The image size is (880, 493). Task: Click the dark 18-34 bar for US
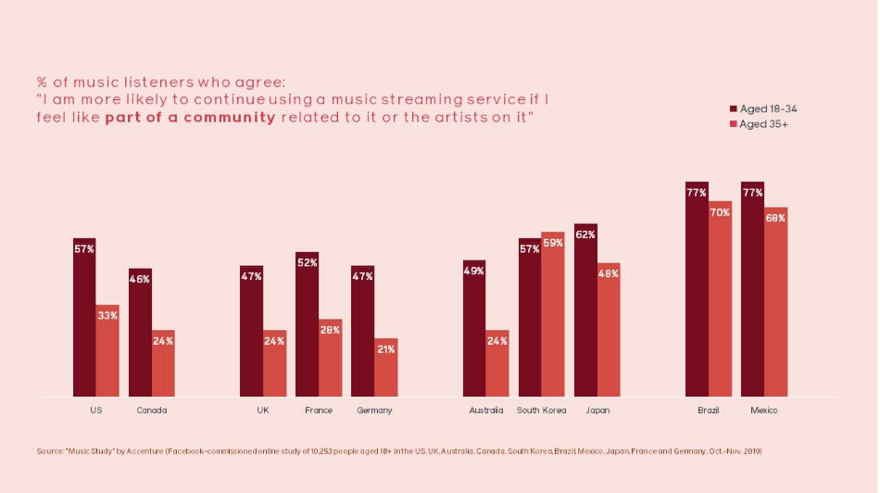pos(84,317)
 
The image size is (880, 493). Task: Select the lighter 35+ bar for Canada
pos(163,363)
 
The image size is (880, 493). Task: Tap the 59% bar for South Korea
pos(553,314)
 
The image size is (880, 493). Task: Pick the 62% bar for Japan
pos(585,310)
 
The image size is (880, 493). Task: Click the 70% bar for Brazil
pos(720,298)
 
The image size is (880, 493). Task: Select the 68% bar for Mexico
pos(775,302)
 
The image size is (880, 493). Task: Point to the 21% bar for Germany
pos(386,367)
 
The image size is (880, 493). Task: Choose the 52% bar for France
pos(307,324)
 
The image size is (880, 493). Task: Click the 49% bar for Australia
pos(474,328)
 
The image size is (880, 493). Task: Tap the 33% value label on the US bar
pos(107,316)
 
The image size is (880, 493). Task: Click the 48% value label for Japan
pos(609,273)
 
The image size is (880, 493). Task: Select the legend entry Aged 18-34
pos(763,109)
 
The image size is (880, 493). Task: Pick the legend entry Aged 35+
pos(759,124)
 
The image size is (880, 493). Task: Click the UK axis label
pos(263,411)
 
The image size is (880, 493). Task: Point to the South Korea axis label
pos(542,411)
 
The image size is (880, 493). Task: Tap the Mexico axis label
pos(764,411)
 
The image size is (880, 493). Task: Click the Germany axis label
pos(374,411)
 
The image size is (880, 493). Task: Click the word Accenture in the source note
pos(145,451)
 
